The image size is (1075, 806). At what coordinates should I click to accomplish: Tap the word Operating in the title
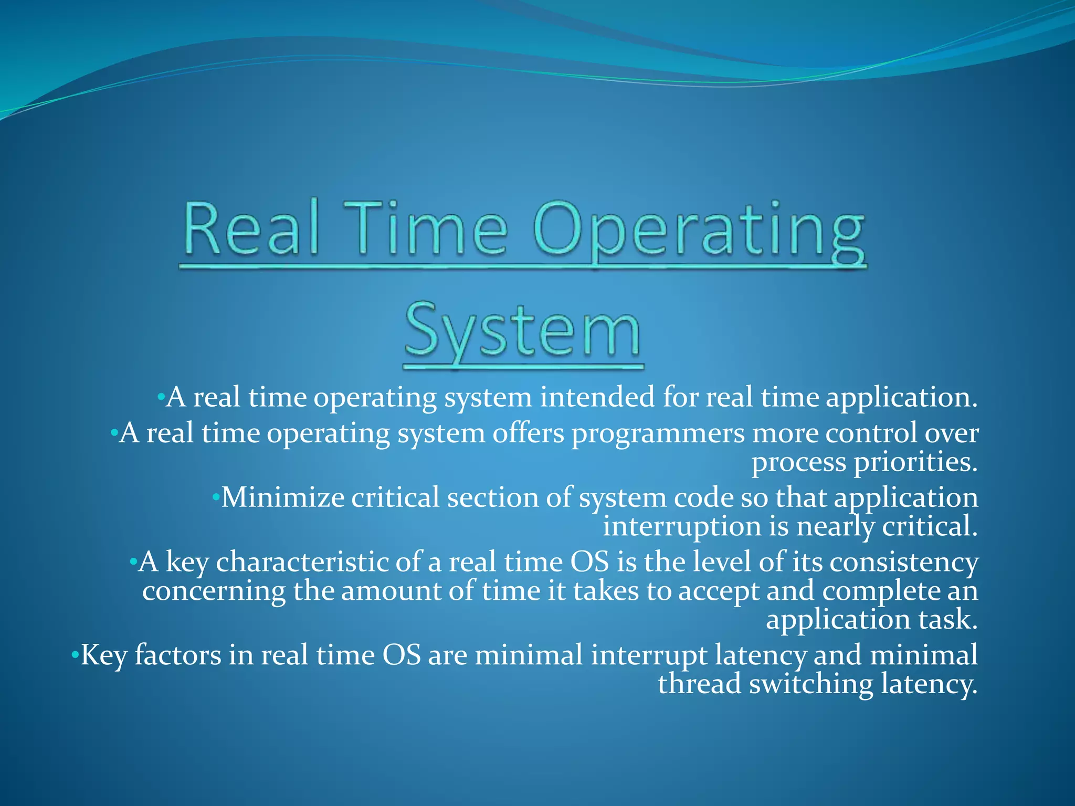698,231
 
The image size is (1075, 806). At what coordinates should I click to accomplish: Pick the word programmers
658,433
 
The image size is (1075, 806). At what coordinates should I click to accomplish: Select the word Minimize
282,497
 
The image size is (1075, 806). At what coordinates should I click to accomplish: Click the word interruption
682,526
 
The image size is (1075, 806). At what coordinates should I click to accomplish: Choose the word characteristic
302,562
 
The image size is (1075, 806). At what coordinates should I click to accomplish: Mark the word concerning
214,591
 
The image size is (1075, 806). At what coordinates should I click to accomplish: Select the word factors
178,655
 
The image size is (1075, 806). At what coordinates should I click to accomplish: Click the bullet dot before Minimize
215,497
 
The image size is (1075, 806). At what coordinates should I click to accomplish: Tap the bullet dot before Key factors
75,655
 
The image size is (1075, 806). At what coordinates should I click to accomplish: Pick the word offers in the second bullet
528,433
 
